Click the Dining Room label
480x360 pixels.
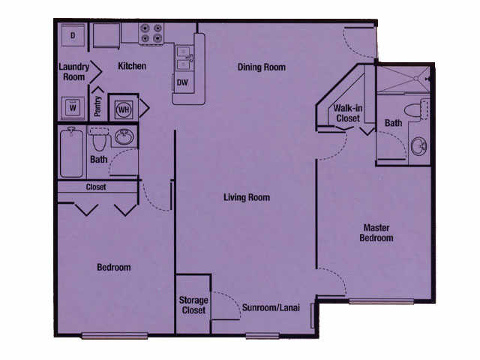(262, 67)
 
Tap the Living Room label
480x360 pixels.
(247, 198)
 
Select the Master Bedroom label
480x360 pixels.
(377, 232)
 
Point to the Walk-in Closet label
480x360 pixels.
(347, 112)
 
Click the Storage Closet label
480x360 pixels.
(193, 305)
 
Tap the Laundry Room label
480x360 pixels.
(73, 71)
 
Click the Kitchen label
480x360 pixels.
(132, 67)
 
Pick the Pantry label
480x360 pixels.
(97, 106)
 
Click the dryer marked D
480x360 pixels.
(73, 34)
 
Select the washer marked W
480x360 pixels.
(73, 107)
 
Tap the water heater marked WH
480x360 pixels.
(123, 107)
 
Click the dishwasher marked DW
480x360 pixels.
(183, 82)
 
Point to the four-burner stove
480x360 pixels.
(151, 33)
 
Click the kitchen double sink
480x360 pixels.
(184, 56)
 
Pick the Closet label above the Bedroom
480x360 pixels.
(96, 187)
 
